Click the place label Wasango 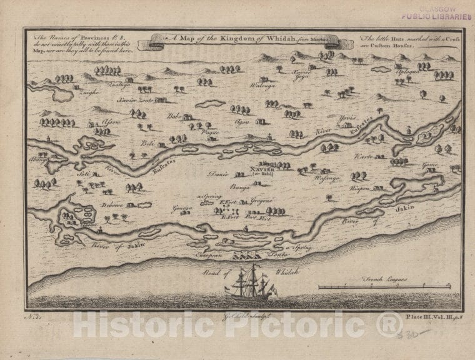pyautogui.click(x=327, y=178)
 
